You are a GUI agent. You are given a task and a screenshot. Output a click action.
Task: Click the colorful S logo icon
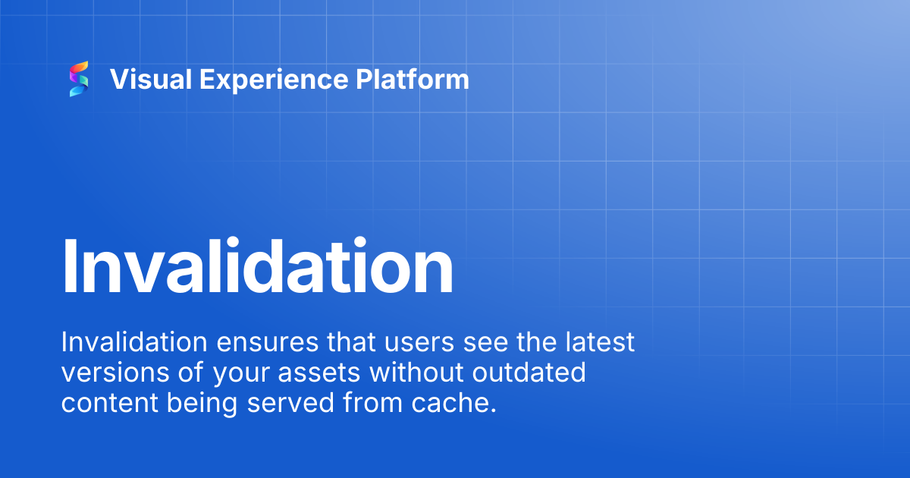(x=79, y=79)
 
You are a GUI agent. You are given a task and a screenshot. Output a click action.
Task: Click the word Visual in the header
(x=151, y=79)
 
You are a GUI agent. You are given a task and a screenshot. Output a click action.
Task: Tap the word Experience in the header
(x=274, y=80)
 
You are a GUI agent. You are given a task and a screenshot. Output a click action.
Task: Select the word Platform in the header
(x=413, y=79)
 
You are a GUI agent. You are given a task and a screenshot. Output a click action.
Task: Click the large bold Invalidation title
(x=258, y=266)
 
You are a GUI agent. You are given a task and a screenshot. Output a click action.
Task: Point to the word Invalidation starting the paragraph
(x=134, y=342)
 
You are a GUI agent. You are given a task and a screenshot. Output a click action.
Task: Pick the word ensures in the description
(x=267, y=344)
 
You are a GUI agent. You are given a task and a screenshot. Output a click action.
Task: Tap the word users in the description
(x=419, y=344)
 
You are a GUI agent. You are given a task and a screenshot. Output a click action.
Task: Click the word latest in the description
(x=600, y=342)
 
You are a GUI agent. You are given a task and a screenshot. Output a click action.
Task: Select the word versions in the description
(x=115, y=373)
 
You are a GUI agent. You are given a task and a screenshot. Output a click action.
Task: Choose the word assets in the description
(x=319, y=374)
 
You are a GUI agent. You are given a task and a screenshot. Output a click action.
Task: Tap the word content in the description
(x=110, y=404)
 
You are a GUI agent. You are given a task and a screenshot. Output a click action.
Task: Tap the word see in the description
(x=485, y=344)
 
